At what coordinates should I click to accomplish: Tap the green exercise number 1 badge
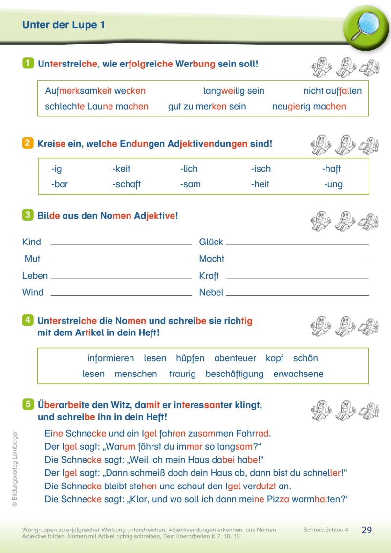point(28,63)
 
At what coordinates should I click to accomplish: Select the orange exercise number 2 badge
point(28,143)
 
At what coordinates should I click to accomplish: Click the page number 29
point(367,530)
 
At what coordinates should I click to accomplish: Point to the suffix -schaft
point(127,184)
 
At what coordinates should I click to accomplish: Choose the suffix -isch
point(261,169)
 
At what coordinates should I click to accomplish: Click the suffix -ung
point(333,184)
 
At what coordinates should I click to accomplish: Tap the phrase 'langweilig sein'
point(234,91)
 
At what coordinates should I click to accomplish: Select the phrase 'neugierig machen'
point(309,106)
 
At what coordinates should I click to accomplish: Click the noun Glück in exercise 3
point(211,242)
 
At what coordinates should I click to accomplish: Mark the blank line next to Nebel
point(297,295)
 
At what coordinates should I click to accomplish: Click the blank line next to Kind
point(121,244)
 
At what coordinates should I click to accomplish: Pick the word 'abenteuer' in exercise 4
point(235,358)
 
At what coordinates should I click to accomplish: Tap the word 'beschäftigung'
point(235,374)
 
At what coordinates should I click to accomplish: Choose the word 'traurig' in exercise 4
point(182,374)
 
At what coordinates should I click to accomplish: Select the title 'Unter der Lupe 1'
point(64,25)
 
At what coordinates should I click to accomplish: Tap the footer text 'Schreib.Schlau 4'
point(326,530)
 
